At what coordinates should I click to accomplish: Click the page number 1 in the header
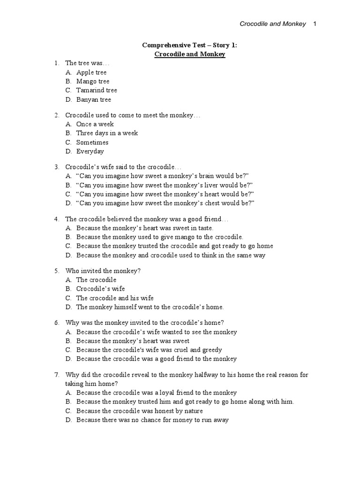tap(315, 24)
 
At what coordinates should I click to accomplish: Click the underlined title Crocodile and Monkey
tap(190, 54)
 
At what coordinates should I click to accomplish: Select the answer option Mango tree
tap(93, 82)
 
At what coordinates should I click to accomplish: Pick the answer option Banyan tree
tap(94, 99)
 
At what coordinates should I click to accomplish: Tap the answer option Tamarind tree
tap(97, 90)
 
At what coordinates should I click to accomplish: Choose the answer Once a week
tap(95, 124)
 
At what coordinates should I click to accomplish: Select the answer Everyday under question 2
tap(90, 151)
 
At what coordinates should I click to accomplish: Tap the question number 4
tap(56, 219)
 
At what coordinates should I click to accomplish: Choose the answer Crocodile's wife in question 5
tap(100, 289)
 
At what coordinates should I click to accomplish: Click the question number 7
tap(56, 375)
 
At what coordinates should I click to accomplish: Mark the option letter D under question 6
tap(68, 359)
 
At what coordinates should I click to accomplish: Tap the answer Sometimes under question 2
tap(92, 142)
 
